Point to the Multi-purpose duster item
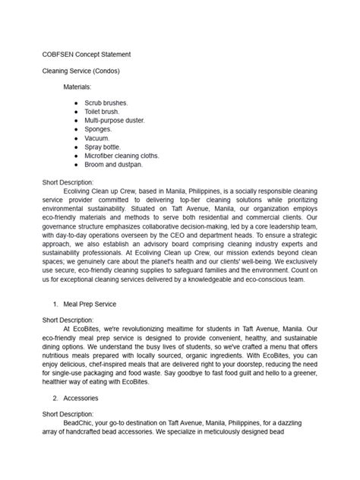pos(115,121)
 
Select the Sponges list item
pos(99,130)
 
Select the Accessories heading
pos(81,396)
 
